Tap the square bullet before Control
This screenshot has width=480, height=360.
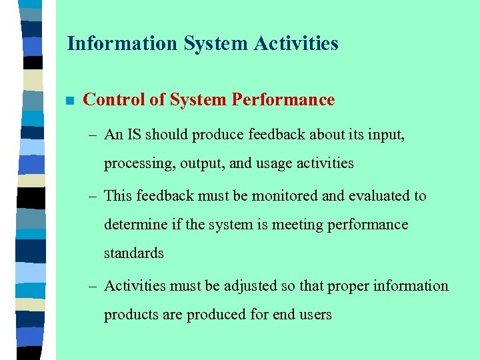pos(69,101)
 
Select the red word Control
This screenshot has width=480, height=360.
pos(113,100)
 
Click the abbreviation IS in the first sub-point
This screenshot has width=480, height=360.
pos(133,135)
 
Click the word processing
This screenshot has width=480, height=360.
pos(139,164)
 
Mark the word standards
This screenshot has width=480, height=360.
pos(133,253)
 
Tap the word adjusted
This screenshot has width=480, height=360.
pos(249,286)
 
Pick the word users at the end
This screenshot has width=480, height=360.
pos(314,315)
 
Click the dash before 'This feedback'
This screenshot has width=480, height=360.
pos(93,196)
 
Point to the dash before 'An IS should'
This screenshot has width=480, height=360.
pos(93,135)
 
